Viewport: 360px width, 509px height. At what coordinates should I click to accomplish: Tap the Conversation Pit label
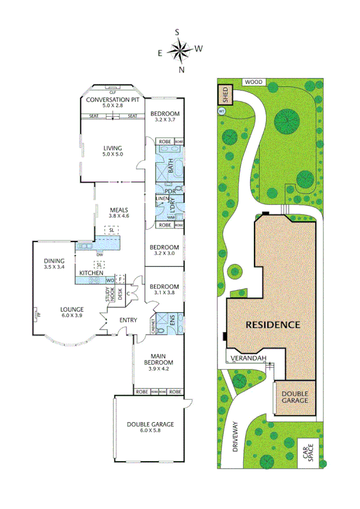(x=112, y=103)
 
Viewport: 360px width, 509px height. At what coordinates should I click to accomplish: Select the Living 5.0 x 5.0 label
(x=112, y=151)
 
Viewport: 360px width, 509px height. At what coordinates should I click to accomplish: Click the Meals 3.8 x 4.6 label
(x=119, y=212)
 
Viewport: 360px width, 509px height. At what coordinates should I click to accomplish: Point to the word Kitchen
(x=91, y=273)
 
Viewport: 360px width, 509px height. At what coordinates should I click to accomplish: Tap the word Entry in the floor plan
(x=128, y=320)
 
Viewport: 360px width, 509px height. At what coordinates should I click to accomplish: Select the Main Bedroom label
(x=159, y=359)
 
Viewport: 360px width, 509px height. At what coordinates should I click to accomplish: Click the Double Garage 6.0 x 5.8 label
(x=150, y=427)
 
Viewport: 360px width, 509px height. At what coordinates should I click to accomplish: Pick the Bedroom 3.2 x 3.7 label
(x=164, y=117)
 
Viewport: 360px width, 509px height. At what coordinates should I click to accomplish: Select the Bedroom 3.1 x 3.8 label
(x=164, y=290)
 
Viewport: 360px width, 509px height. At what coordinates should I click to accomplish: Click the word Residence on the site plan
(x=273, y=325)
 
